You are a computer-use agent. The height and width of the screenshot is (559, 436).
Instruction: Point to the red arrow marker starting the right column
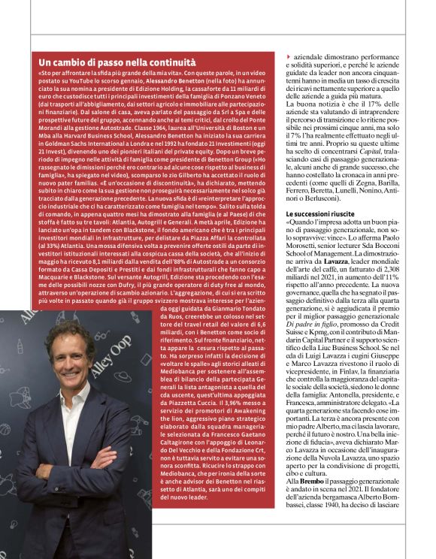tap(289, 57)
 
